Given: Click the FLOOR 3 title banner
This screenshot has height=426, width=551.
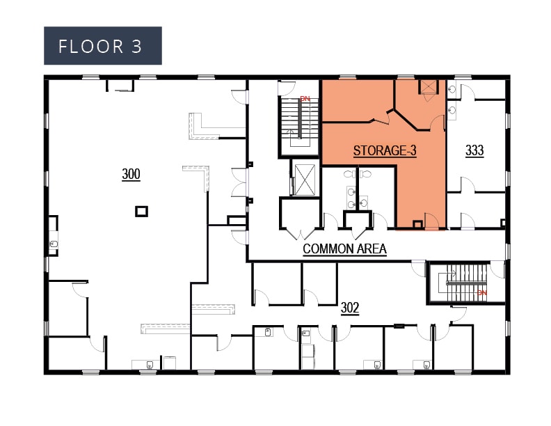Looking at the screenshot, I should click(103, 46).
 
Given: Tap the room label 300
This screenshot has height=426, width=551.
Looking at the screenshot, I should click(131, 174).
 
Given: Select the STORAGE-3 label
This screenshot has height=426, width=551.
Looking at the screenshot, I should click(385, 150).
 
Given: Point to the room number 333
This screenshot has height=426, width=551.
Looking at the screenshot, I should click(474, 150).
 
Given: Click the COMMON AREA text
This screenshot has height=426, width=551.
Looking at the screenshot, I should click(344, 248).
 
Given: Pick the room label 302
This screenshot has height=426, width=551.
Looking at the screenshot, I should click(349, 308).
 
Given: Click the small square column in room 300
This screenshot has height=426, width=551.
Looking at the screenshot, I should click(141, 211).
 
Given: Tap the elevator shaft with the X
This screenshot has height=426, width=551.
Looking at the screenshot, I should click(304, 179).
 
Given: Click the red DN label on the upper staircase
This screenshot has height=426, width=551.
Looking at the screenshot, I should click(305, 99).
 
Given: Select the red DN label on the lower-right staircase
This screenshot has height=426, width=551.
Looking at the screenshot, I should click(481, 293).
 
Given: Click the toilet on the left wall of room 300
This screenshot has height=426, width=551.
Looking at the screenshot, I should click(54, 244).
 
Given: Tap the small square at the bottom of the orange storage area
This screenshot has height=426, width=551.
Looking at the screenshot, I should click(417, 224).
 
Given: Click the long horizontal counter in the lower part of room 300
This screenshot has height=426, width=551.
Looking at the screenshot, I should click(166, 325).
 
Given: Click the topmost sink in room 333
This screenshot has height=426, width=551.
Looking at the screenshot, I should click(453, 88).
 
